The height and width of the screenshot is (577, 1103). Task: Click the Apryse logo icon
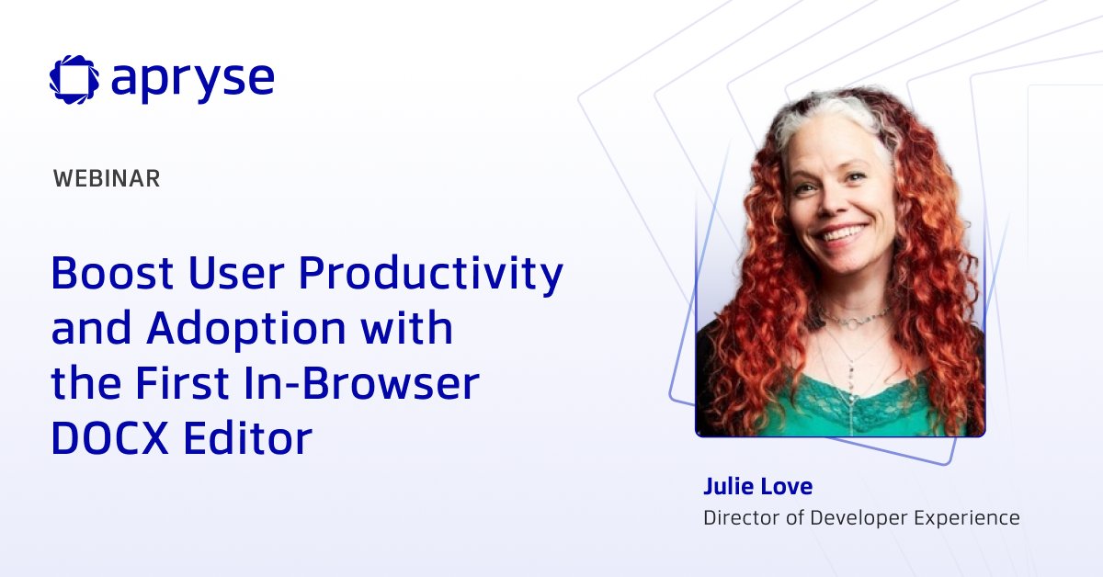tap(74, 79)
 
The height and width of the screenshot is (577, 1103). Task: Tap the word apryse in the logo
tap(192, 81)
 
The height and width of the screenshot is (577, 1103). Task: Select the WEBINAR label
tap(107, 179)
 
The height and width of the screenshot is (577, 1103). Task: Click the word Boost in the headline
tap(113, 274)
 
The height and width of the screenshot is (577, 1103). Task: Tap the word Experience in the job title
tap(967, 518)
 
